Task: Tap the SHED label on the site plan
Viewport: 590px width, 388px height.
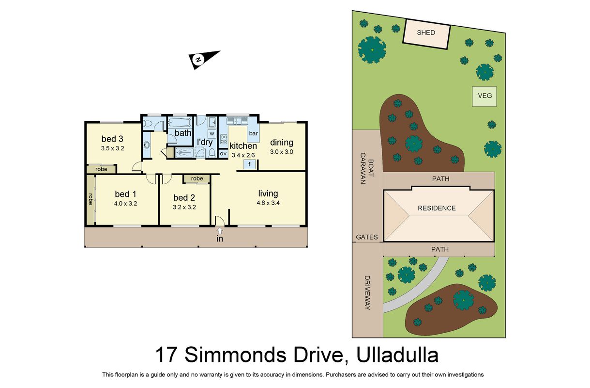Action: pos(425,32)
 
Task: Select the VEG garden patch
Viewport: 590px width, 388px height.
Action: pos(484,97)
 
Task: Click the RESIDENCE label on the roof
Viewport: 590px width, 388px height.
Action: pos(437,208)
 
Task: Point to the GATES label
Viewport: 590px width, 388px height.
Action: pos(367,237)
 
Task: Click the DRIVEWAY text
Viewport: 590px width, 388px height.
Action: pos(367,292)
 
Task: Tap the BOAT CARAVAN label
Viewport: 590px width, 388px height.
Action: pos(367,168)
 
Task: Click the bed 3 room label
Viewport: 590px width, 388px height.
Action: pos(112,139)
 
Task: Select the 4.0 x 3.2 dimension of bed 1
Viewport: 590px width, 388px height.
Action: pos(125,204)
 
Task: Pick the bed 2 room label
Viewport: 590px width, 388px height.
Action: pos(184,197)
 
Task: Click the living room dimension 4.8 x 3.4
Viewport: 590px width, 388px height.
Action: pos(268,203)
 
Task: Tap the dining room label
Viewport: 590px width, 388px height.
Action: pos(282,143)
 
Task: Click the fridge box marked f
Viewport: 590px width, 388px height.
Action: pos(249,164)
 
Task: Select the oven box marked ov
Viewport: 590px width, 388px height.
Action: pos(223,153)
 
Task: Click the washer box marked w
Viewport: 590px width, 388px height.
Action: pos(212,134)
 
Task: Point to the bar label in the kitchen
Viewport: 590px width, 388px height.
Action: pos(254,133)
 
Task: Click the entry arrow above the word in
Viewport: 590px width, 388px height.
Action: pos(220,231)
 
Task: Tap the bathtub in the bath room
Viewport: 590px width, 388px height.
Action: pos(180,123)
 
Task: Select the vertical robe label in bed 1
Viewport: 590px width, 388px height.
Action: pos(91,199)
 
